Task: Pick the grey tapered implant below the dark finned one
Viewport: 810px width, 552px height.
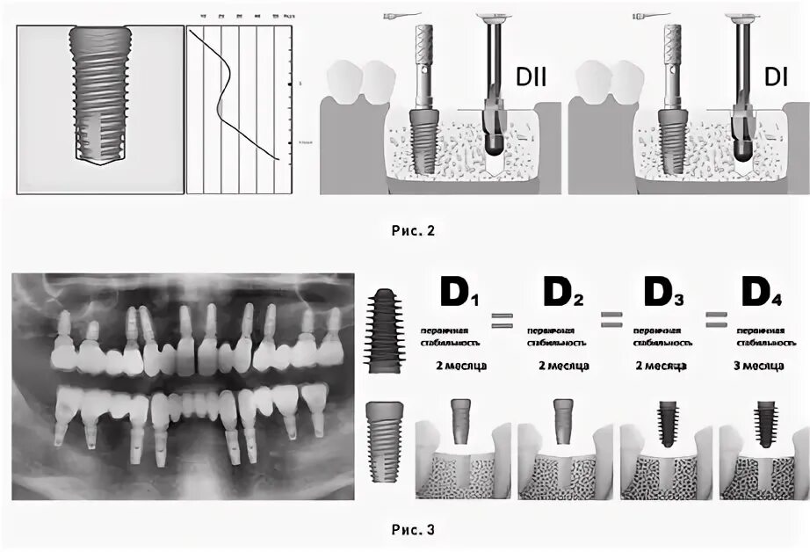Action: pos(384,439)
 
